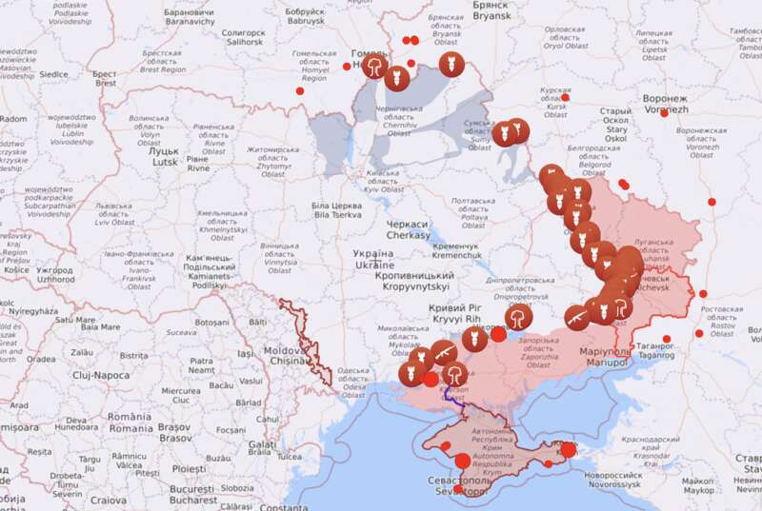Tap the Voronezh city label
[x=664, y=104]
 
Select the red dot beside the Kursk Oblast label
[x=565, y=97]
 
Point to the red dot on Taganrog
[x=666, y=340]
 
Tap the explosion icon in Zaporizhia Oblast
[x=518, y=318]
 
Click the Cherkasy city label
[x=408, y=228]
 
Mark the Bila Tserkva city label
[x=336, y=209]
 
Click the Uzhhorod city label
[x=54, y=275]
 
